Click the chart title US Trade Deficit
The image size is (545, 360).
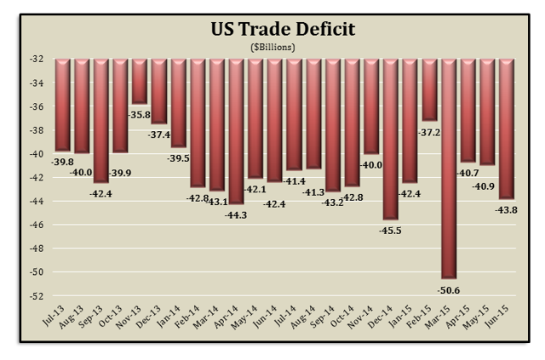tap(283, 30)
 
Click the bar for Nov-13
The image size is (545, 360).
tap(139, 82)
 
